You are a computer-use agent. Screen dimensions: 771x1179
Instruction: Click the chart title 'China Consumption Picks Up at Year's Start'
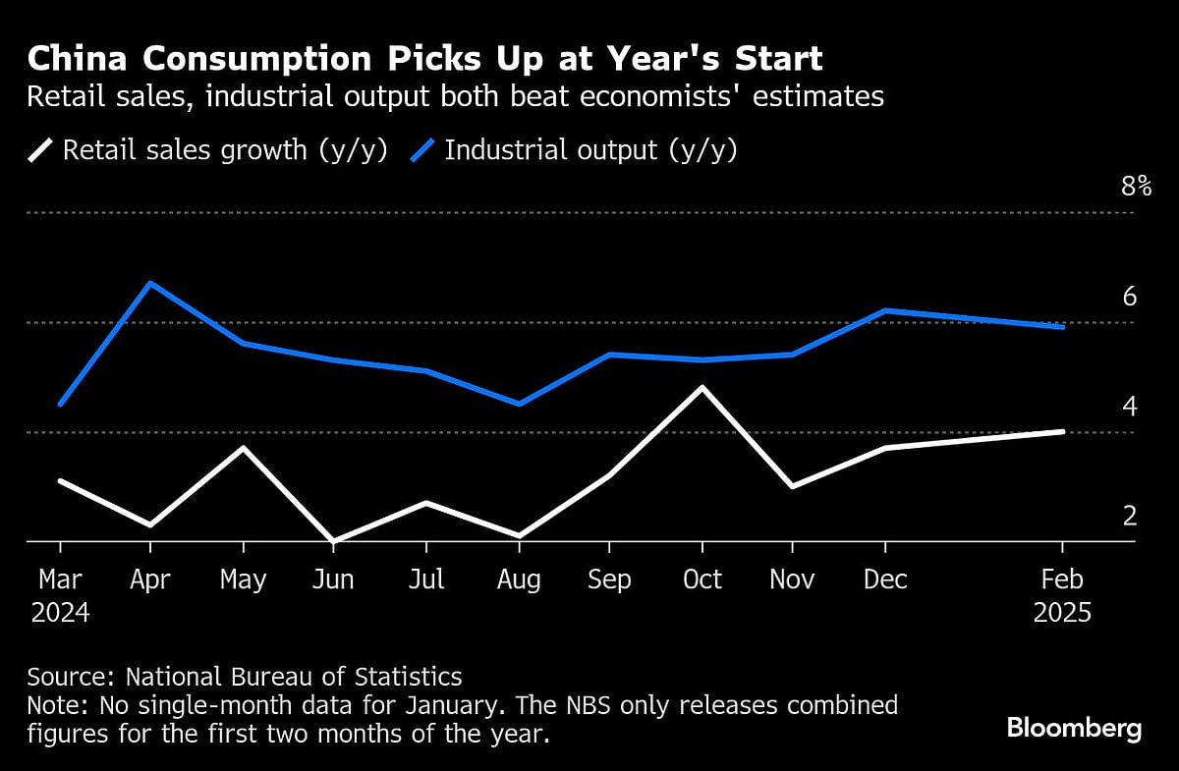click(x=424, y=59)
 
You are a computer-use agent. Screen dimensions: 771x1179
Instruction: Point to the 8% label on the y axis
click(x=1136, y=186)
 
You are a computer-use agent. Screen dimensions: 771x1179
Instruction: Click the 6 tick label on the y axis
click(x=1129, y=296)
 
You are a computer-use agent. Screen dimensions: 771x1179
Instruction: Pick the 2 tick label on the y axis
click(x=1129, y=515)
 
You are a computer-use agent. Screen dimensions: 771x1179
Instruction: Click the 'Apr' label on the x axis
click(x=150, y=579)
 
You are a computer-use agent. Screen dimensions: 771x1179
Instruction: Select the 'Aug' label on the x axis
click(x=518, y=579)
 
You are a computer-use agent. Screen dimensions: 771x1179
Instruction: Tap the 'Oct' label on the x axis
click(x=702, y=579)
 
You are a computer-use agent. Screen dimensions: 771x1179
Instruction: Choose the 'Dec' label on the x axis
click(x=885, y=579)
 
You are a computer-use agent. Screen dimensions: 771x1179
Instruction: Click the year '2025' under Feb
click(x=1062, y=613)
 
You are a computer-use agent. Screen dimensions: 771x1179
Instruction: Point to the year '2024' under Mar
click(x=60, y=613)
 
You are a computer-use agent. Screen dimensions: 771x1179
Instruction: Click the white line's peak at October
click(x=702, y=388)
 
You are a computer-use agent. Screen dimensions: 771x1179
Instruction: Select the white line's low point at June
click(x=334, y=540)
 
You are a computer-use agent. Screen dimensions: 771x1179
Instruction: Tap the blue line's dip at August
click(x=518, y=404)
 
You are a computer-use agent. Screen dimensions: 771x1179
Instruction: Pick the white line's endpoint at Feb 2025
click(x=1062, y=431)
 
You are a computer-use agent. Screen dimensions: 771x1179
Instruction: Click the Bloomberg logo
click(x=1074, y=728)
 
